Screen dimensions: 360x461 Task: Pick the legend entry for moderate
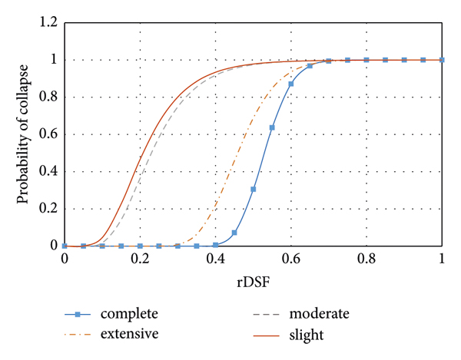(x=319, y=314)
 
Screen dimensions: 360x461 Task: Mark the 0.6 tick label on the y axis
(x=48, y=134)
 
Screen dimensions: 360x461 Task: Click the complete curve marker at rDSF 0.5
(x=254, y=189)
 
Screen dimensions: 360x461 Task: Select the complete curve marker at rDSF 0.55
(x=272, y=127)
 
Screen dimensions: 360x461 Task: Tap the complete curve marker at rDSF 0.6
(x=291, y=84)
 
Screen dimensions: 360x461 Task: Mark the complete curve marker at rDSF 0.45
(x=234, y=233)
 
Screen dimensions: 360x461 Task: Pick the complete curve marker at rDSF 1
(x=442, y=60)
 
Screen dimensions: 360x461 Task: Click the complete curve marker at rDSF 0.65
(x=310, y=66)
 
